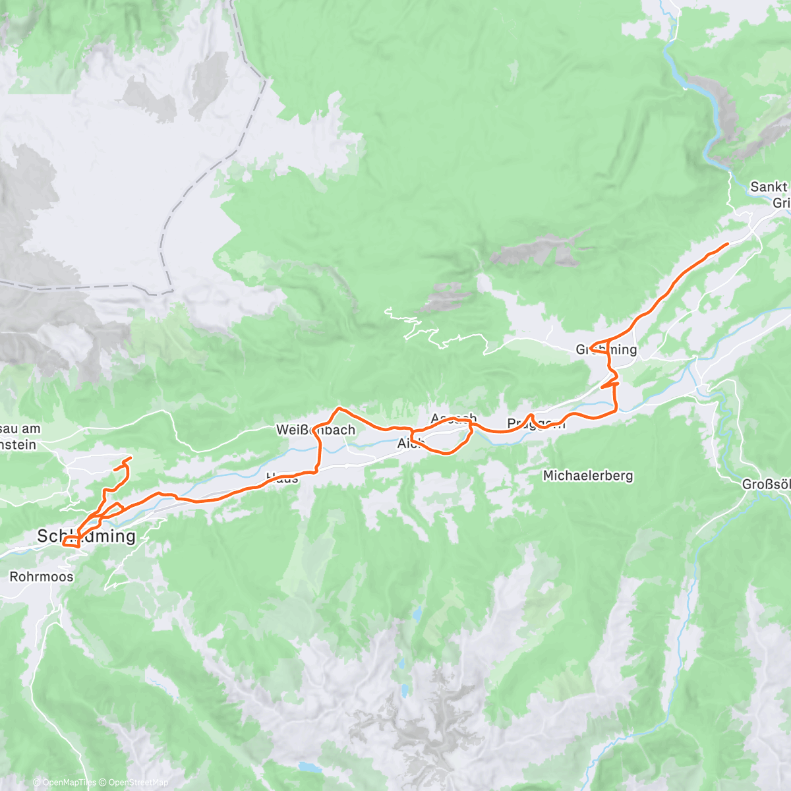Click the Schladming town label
(x=86, y=536)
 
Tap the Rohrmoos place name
(x=42, y=577)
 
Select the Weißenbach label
(x=316, y=430)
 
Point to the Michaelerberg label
(x=588, y=475)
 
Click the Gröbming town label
(x=606, y=349)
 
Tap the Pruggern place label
(x=536, y=423)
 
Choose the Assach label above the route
(x=454, y=418)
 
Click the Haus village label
(x=282, y=479)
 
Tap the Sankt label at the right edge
(x=769, y=187)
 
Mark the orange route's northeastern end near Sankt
(x=727, y=244)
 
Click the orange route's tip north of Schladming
(x=131, y=457)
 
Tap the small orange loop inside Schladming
(x=71, y=542)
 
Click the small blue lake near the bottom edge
(x=307, y=769)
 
